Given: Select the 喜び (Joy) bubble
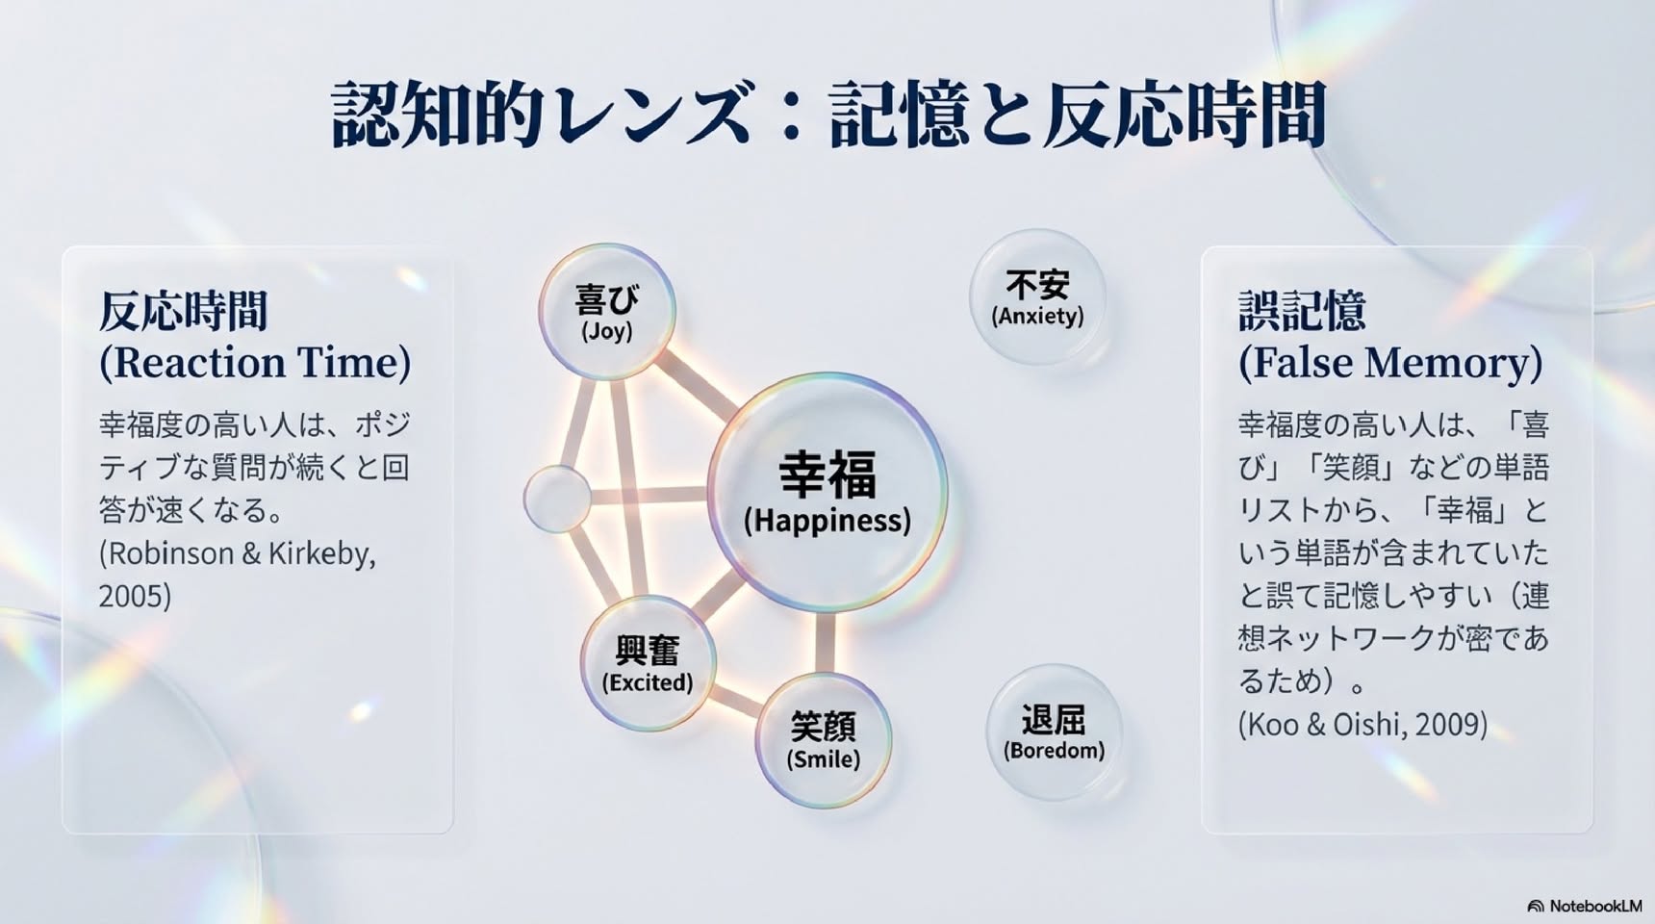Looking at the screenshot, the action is (607, 311).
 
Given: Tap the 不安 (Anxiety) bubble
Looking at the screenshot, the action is (1037, 296).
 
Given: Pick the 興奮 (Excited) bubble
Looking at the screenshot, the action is (648, 663).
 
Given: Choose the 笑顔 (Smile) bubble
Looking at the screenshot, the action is (824, 740).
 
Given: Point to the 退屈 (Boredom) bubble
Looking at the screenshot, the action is (1055, 732).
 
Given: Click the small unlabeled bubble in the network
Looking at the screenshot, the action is (557, 499).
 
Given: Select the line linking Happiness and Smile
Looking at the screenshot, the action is (825, 643).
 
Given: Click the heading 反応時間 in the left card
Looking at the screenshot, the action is (183, 311).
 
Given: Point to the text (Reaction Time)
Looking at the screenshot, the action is (255, 362).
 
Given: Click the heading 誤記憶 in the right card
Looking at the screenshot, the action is (1302, 311).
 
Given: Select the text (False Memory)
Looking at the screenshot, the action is (1390, 362).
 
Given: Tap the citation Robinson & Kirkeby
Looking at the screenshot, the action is (238, 553).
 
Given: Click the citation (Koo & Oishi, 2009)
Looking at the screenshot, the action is (1362, 724).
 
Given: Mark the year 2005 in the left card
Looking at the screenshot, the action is (135, 596).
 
